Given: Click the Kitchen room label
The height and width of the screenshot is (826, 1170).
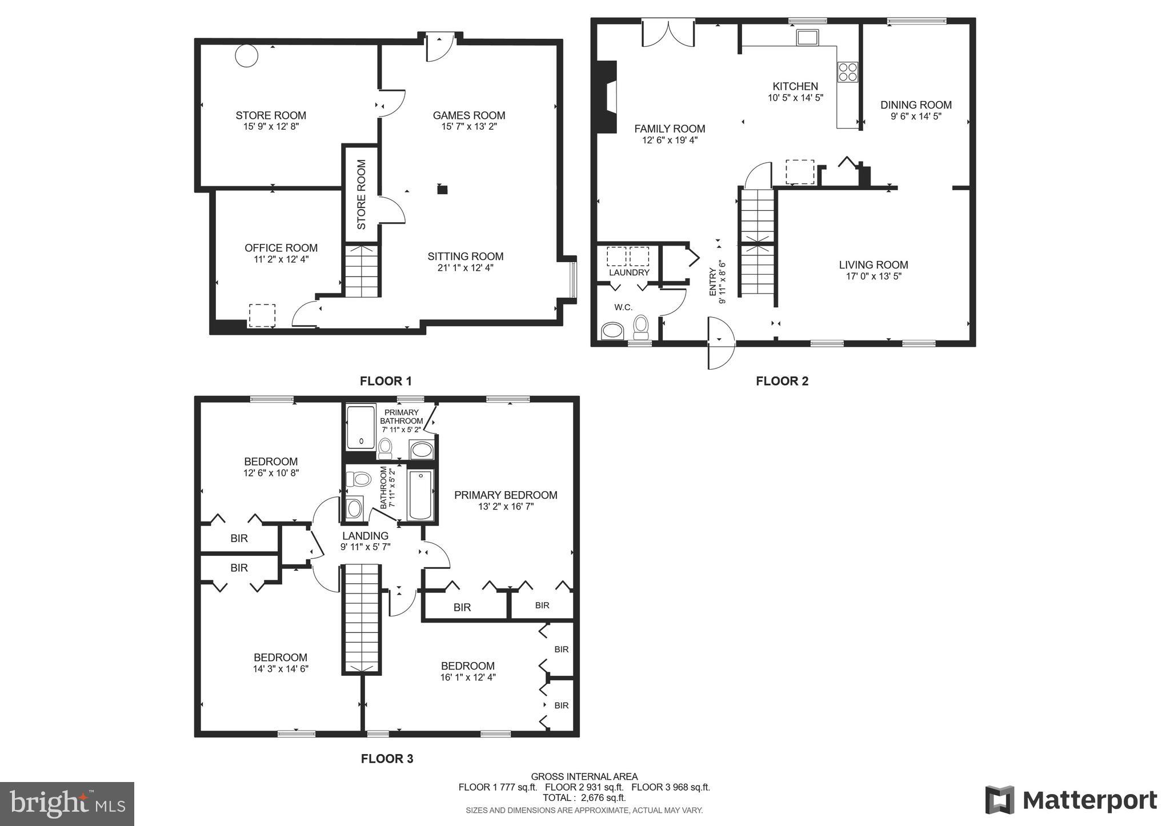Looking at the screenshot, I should point(795,87).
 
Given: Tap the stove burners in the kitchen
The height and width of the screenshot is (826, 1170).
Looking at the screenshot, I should point(847,72).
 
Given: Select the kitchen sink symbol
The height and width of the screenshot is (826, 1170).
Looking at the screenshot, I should point(808,38).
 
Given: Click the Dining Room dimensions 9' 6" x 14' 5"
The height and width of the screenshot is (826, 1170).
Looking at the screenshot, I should point(915,116).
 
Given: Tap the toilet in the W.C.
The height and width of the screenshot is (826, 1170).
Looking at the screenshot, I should point(641,326).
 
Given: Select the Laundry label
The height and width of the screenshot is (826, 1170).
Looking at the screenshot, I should point(629,272).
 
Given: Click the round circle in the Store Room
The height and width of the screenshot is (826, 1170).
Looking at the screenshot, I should point(247,55).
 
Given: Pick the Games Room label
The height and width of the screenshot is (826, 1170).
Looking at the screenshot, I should point(468,115).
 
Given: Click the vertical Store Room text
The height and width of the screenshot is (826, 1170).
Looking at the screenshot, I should point(361,195).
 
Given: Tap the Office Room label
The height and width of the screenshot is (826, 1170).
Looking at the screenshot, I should point(281,248).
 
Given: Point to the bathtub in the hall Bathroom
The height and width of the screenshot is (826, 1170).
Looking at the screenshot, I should point(420,495).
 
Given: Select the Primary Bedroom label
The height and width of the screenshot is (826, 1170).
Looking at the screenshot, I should point(506,495).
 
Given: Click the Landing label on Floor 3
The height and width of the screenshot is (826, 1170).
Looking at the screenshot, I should point(365,536).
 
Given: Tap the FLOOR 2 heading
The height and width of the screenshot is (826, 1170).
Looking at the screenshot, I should point(782,381).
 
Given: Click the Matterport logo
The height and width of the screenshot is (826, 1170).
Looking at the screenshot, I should point(1071,800).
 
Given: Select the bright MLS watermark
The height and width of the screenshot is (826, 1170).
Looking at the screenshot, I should point(67,804).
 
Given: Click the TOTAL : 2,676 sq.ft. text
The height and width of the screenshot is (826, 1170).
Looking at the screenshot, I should point(584,797).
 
